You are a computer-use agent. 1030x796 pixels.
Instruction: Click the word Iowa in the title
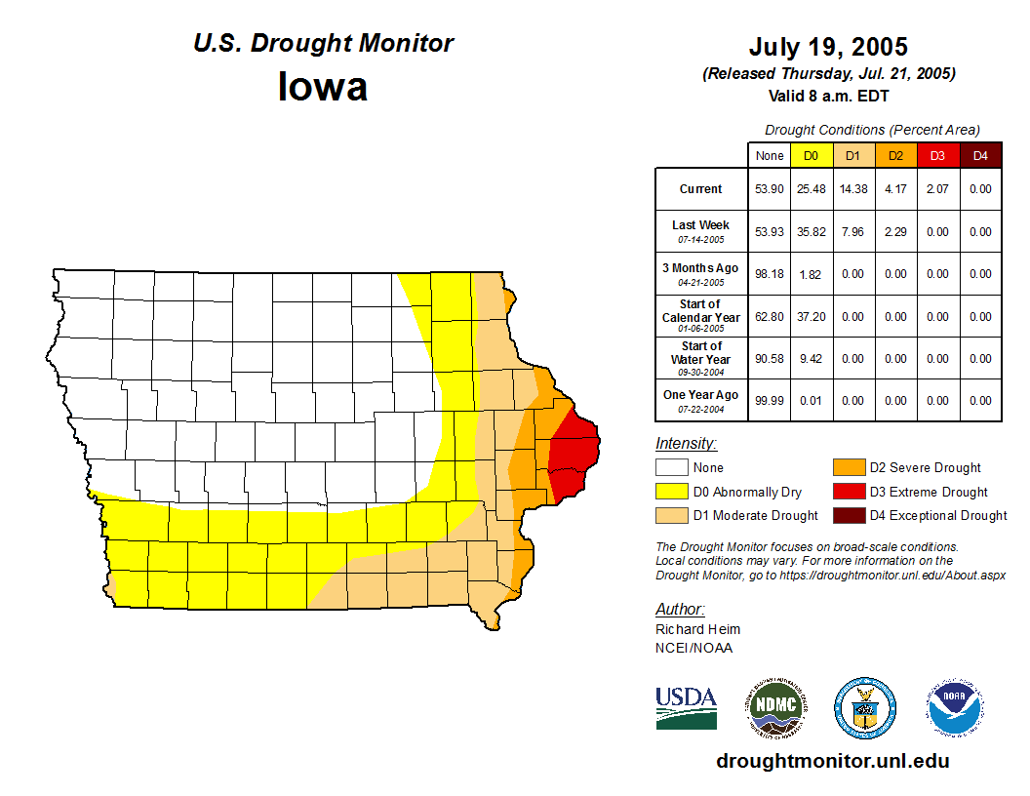pyautogui.click(x=323, y=87)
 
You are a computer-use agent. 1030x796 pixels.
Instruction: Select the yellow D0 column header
pyautogui.click(x=811, y=156)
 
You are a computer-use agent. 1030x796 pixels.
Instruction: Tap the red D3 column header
pyautogui.click(x=937, y=156)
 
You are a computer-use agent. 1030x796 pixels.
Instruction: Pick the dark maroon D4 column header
pyautogui.click(x=980, y=156)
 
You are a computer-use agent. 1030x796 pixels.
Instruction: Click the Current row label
pyautogui.click(x=701, y=189)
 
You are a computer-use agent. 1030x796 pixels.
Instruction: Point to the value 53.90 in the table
pyautogui.click(x=770, y=189)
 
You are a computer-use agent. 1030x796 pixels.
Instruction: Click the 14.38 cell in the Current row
pyautogui.click(x=852, y=189)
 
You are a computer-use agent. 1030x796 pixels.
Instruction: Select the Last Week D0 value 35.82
pyautogui.click(x=811, y=232)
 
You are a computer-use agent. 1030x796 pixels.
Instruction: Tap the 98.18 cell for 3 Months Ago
pyautogui.click(x=770, y=274)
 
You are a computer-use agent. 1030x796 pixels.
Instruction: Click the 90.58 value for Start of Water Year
pyautogui.click(x=770, y=358)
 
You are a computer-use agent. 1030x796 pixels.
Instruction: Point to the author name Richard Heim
pyautogui.click(x=697, y=629)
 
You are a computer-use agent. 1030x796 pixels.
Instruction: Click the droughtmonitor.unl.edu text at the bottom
pyautogui.click(x=832, y=761)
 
